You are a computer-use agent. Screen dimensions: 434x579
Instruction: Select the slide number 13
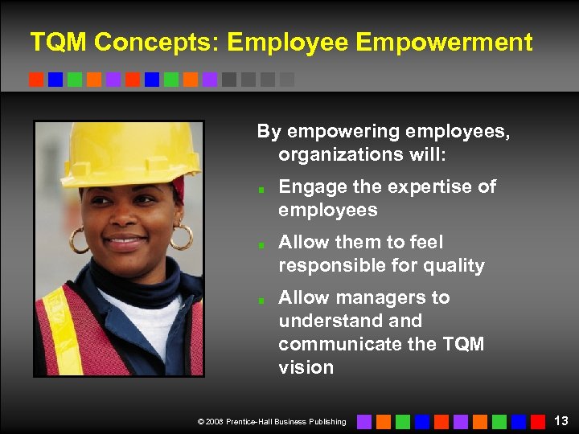pyautogui.click(x=561, y=420)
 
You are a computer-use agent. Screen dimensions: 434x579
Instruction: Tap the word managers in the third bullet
pyautogui.click(x=385, y=297)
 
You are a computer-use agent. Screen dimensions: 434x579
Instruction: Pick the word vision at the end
pyautogui.click(x=306, y=367)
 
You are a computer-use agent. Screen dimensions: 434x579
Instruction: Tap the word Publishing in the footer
pyautogui.click(x=327, y=421)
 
